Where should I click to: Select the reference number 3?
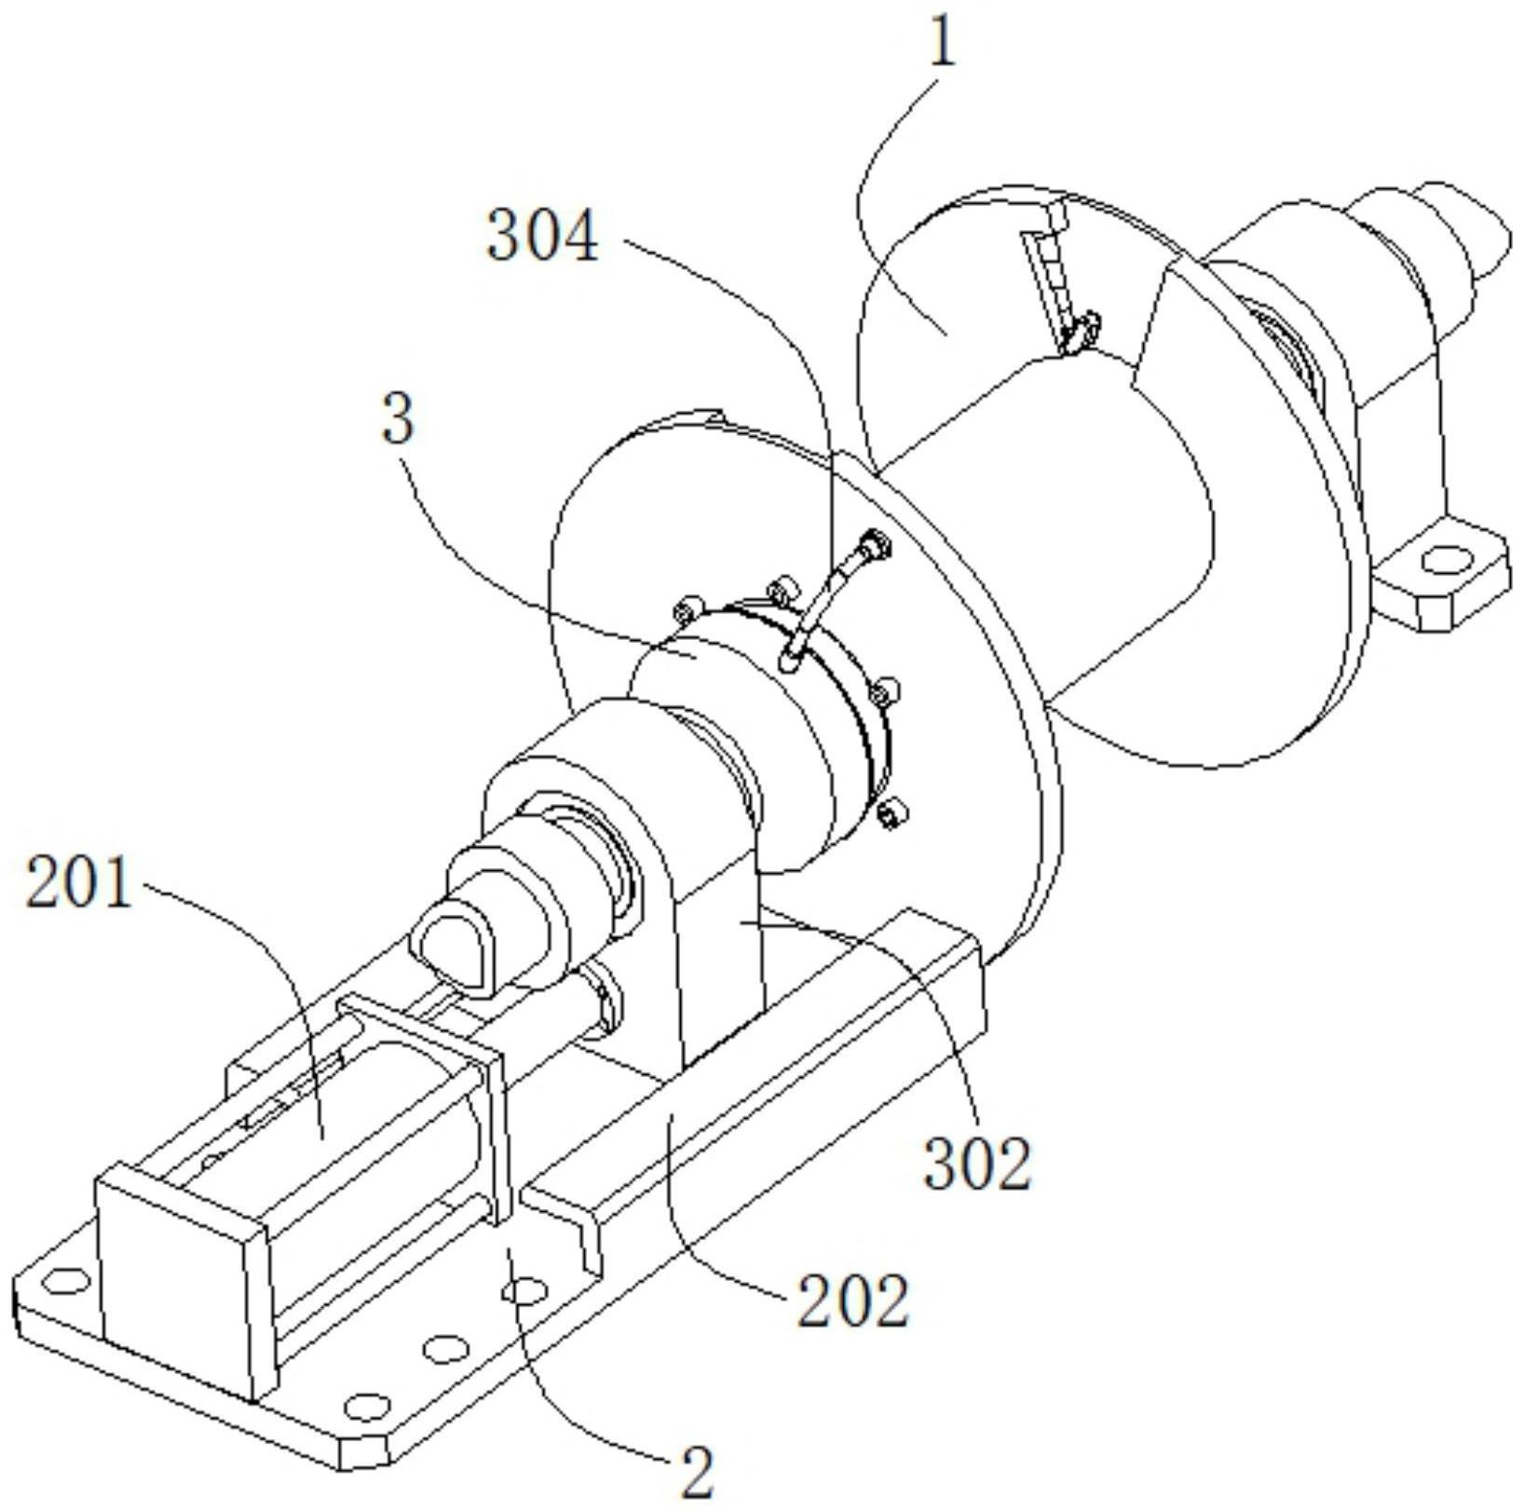(398, 420)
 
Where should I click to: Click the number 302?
(977, 1163)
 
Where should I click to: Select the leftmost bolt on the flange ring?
(685, 610)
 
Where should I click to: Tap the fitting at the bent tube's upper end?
(873, 544)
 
